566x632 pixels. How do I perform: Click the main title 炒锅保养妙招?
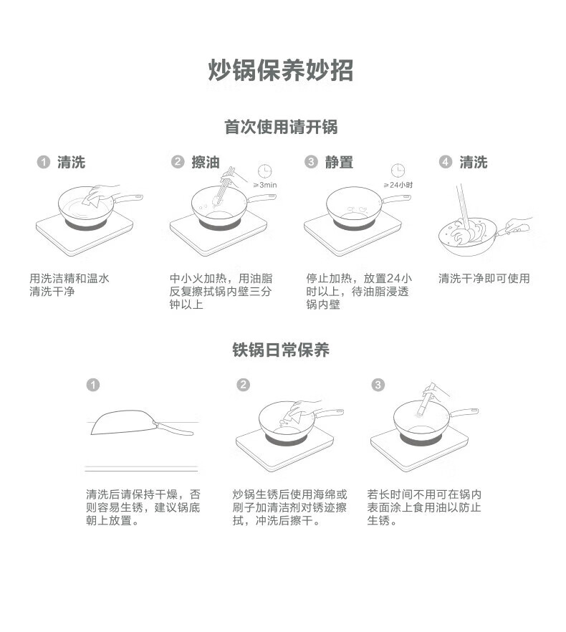(281, 70)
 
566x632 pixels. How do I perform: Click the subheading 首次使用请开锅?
(281, 127)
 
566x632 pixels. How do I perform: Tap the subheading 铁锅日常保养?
(281, 350)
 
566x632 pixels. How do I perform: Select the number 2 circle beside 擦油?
(178, 162)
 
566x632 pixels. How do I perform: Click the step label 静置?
(339, 162)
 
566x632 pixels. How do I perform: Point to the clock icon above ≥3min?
(265, 171)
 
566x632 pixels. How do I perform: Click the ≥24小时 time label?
(398, 185)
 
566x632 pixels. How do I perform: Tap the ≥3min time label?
(265, 185)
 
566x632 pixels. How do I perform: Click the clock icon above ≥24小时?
(398, 170)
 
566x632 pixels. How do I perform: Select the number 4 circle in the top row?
(446, 162)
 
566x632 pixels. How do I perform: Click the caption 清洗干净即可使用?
(484, 278)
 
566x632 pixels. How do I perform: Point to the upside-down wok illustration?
(142, 423)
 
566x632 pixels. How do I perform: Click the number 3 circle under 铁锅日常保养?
(378, 385)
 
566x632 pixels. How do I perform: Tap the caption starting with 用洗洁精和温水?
(69, 284)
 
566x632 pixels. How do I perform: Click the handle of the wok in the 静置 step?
(396, 198)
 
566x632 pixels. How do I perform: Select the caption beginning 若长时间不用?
(424, 507)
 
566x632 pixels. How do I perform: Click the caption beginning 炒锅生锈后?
(289, 507)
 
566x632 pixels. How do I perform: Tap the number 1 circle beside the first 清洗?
(44, 162)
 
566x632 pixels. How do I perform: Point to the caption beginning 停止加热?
(359, 291)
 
